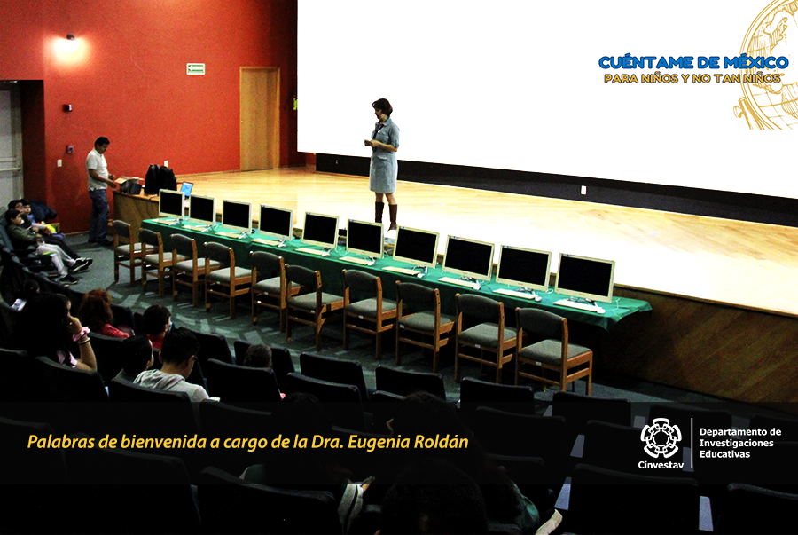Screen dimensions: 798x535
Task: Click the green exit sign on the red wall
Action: (x=195, y=68)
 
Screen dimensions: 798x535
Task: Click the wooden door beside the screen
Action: (x=260, y=119)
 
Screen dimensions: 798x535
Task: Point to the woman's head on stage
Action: (x=381, y=108)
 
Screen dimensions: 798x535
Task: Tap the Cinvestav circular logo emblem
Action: (x=661, y=437)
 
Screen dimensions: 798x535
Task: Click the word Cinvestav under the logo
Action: (x=661, y=465)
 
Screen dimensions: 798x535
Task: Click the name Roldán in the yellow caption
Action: (x=441, y=442)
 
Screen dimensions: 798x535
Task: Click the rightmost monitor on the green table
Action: (x=585, y=278)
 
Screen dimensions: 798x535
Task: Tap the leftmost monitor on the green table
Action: (x=171, y=204)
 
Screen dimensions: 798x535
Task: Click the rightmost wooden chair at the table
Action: (x=552, y=350)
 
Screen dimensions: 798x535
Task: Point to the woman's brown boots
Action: (x=387, y=216)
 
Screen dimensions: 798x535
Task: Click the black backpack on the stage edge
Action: (x=160, y=179)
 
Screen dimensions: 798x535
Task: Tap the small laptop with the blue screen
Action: (x=187, y=189)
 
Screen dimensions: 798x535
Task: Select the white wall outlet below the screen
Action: (x=583, y=191)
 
